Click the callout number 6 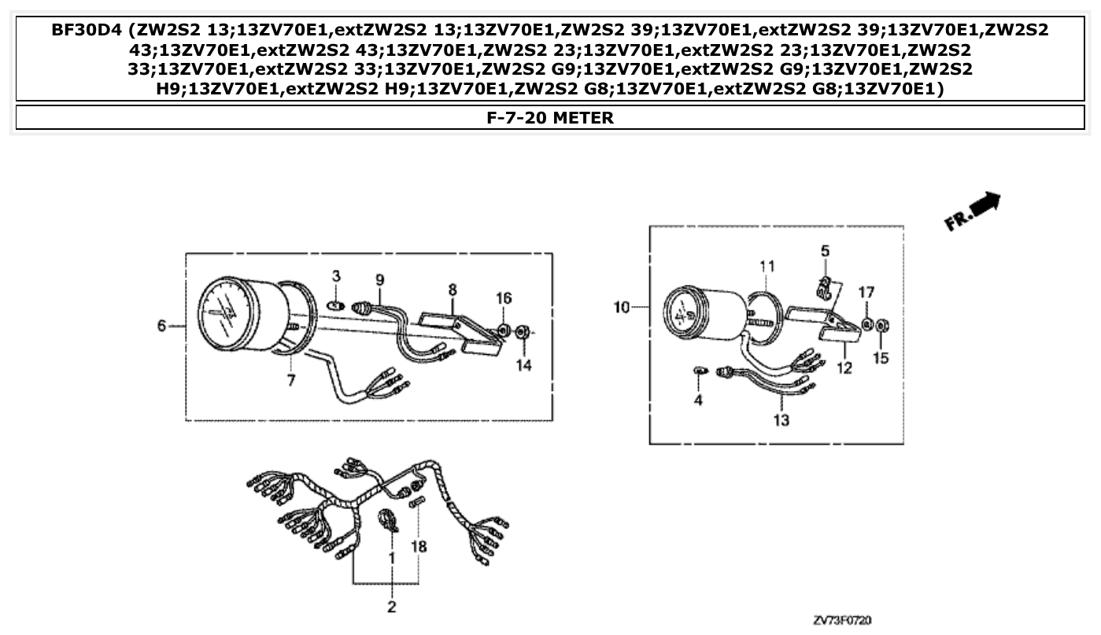[x=161, y=326]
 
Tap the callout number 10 [x=622, y=307]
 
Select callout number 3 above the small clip [x=336, y=276]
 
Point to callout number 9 [x=380, y=279]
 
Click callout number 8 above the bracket [x=453, y=290]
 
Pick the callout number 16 [x=503, y=297]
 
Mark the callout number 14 [x=524, y=365]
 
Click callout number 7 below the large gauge [x=290, y=382]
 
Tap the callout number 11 [x=767, y=266]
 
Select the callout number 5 [x=825, y=251]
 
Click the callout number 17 [x=866, y=293]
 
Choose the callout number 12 [x=844, y=367]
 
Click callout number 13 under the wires [x=781, y=421]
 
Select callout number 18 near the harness [x=419, y=545]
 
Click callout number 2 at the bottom [x=391, y=607]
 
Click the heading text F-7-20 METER [x=550, y=118]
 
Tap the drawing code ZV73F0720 [x=842, y=621]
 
